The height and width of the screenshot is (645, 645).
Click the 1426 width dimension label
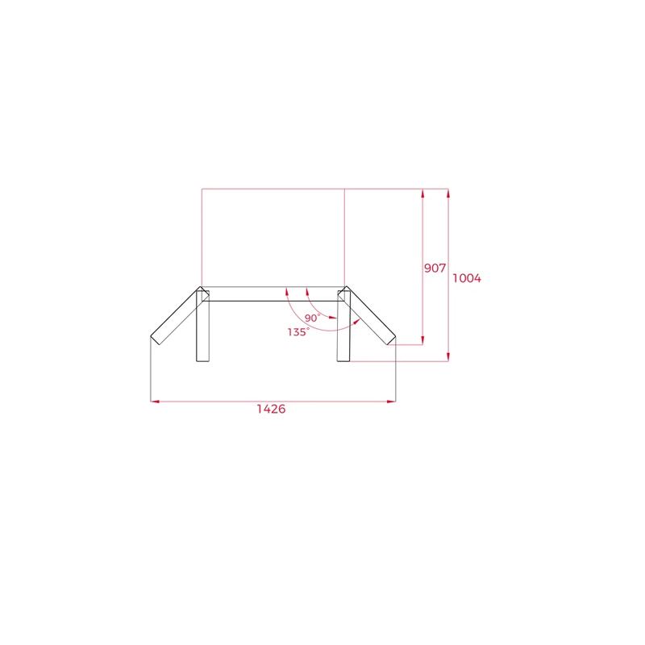(x=271, y=409)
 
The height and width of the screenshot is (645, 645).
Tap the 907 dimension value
(x=435, y=268)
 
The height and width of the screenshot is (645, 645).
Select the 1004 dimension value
(x=467, y=278)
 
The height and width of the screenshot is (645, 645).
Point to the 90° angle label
(x=312, y=318)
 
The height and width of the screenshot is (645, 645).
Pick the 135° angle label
(x=298, y=332)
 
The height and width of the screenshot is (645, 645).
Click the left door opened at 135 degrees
(x=180, y=315)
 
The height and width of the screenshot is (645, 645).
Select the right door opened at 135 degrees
(x=367, y=315)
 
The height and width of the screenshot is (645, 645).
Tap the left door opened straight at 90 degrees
(x=203, y=327)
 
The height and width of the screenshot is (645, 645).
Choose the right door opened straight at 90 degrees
(x=343, y=327)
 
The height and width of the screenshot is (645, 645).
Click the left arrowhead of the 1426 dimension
(x=155, y=402)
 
